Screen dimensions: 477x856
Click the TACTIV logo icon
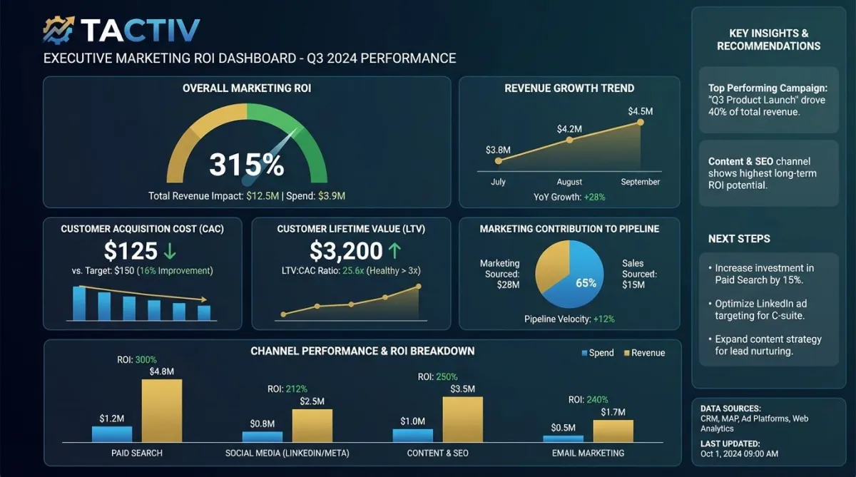59,30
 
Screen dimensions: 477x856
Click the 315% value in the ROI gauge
246,165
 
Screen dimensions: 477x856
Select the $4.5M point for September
640,123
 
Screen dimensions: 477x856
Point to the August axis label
569,182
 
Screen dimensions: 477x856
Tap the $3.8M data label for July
498,150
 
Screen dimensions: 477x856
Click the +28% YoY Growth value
593,197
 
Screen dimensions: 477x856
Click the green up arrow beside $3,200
394,251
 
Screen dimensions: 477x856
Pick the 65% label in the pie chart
586,283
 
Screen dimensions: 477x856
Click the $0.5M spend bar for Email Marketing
564,438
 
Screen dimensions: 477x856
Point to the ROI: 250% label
437,376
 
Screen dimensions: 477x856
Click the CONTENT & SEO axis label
437,453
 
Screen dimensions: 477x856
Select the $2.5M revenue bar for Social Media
312,425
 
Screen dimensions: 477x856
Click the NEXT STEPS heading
739,239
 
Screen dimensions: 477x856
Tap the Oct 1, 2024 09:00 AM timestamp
739,454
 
